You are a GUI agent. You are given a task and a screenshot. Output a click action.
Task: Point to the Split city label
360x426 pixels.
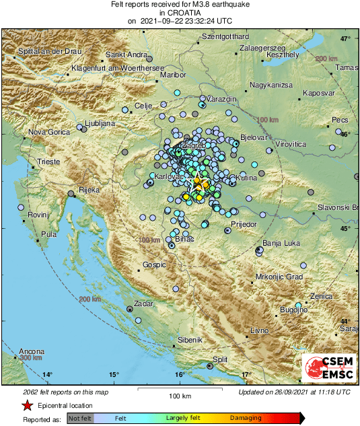(220, 360)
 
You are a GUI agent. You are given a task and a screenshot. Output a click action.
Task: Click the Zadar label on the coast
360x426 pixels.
(144, 304)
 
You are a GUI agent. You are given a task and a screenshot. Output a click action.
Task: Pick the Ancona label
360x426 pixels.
(32, 351)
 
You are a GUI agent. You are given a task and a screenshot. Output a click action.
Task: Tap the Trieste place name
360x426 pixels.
(48, 162)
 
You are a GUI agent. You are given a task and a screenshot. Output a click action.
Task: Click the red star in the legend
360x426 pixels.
(27, 405)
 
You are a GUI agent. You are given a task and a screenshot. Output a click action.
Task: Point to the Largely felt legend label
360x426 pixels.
(184, 418)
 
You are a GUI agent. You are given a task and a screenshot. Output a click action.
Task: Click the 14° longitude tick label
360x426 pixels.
(47, 374)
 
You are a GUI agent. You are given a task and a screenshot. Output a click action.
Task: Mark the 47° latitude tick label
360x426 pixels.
(345, 39)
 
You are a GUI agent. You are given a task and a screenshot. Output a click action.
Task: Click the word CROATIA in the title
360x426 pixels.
(180, 13)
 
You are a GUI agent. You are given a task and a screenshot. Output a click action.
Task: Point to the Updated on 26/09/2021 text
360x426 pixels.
(294, 391)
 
